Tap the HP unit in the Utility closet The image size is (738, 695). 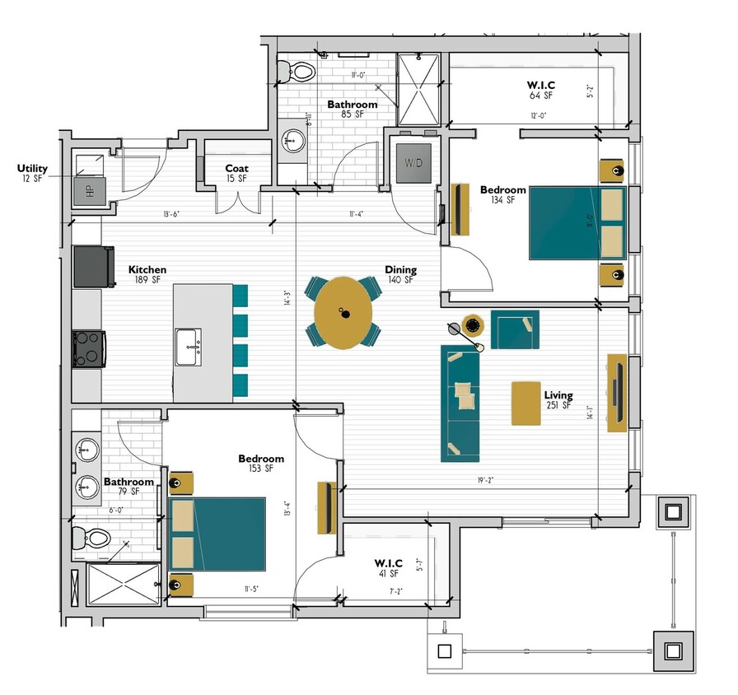click(90, 191)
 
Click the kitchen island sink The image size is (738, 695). click(189, 346)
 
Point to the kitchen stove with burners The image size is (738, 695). click(88, 347)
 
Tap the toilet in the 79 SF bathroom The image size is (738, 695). click(92, 539)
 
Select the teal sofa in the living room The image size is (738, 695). click(460, 402)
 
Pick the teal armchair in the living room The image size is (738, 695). click(515, 329)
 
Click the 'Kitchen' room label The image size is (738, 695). click(147, 269)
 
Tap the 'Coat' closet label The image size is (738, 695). click(236, 168)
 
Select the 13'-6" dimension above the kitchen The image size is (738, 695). click(171, 215)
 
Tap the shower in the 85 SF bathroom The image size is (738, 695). click(419, 87)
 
